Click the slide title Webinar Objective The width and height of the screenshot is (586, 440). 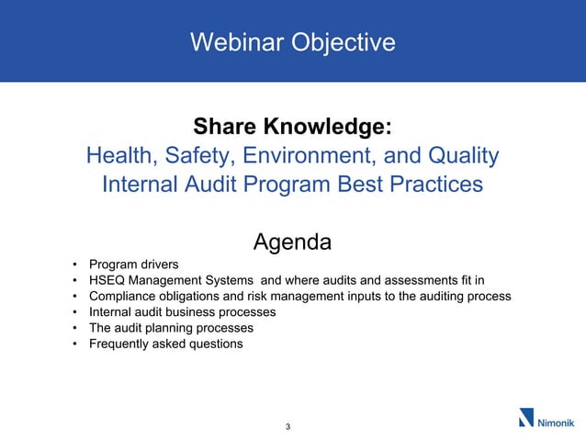click(x=292, y=42)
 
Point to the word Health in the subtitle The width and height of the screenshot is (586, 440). click(x=118, y=155)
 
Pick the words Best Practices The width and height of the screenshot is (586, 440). click(x=411, y=184)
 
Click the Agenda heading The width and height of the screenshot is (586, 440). click(x=292, y=243)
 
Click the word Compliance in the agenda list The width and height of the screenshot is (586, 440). click(x=122, y=297)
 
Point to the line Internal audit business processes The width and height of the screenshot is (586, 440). click(x=182, y=312)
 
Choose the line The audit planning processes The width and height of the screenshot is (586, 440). click(x=171, y=328)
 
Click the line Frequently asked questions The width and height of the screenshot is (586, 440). click(x=165, y=344)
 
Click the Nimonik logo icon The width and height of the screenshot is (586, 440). click(x=526, y=418)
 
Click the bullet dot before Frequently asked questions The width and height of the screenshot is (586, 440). click(x=73, y=344)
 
